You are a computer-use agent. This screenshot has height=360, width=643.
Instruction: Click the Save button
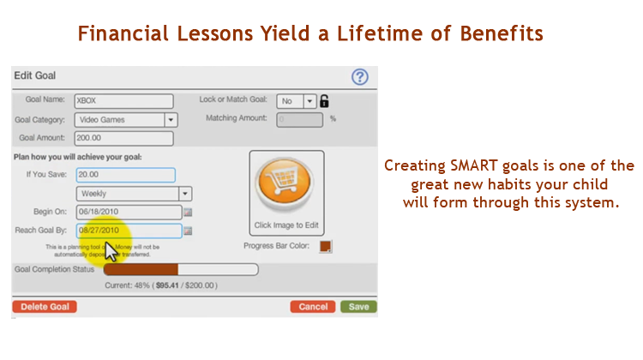pyautogui.click(x=358, y=307)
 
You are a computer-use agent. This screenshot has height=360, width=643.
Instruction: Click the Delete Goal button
pyautogui.click(x=45, y=307)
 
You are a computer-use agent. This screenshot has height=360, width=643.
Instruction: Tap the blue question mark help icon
pyautogui.click(x=360, y=77)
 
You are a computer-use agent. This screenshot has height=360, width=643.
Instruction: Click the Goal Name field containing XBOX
pyautogui.click(x=123, y=101)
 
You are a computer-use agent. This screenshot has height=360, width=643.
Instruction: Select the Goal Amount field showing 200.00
pyautogui.click(x=123, y=138)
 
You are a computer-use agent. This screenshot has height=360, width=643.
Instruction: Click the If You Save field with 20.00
pyautogui.click(x=125, y=175)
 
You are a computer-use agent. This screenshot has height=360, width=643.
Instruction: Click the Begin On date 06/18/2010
pyautogui.click(x=129, y=212)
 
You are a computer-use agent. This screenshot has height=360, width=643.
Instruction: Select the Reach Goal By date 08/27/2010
pyautogui.click(x=129, y=231)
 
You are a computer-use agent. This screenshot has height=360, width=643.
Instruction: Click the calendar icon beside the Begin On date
pyautogui.click(x=189, y=212)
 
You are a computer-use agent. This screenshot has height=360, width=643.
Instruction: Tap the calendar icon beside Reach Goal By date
pyautogui.click(x=189, y=231)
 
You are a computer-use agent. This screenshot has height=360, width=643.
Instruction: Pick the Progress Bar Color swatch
pyautogui.click(x=325, y=247)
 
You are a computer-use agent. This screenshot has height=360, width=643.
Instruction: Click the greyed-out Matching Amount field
pyautogui.click(x=299, y=120)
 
